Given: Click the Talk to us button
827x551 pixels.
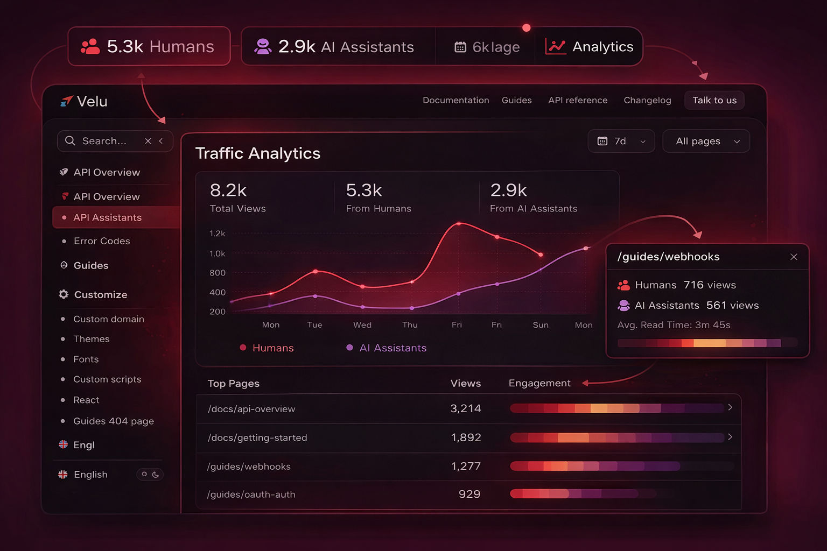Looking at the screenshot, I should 714,101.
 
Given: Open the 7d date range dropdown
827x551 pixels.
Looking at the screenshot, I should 621,141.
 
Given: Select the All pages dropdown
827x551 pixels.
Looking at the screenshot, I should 705,141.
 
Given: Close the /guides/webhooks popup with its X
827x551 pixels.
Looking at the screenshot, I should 794,257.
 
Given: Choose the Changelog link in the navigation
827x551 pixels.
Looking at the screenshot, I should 647,101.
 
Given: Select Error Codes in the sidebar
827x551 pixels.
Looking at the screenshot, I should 102,241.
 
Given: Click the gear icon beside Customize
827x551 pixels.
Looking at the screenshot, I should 64,294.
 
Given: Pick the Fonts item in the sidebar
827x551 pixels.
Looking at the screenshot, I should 86,359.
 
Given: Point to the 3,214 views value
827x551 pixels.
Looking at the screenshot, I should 465,409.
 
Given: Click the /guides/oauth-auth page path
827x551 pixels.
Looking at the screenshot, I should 251,495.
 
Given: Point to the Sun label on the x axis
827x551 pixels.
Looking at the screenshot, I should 541,325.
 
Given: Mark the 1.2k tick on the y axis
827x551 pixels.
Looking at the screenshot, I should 217,234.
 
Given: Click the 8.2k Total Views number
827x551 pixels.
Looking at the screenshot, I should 228,190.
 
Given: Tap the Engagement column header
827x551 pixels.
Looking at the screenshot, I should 539,383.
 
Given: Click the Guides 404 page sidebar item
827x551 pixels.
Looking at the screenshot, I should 114,421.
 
